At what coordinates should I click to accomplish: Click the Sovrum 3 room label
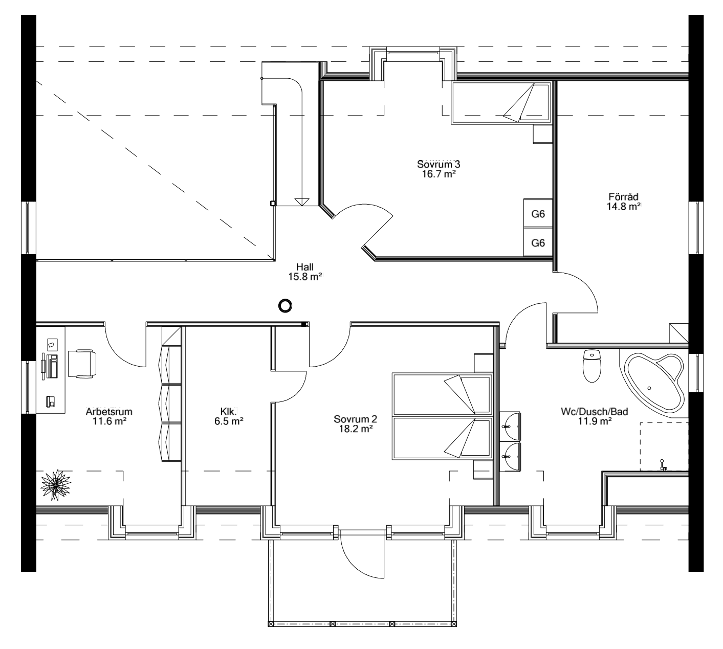coord(438,165)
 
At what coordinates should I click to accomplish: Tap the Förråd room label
coord(624,197)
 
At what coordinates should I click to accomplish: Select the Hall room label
coord(304,266)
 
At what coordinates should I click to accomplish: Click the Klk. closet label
coord(228,411)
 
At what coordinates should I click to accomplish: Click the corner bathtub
coord(655,382)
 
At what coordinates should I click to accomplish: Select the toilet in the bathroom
coord(592,366)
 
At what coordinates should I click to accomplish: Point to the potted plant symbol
coord(55,484)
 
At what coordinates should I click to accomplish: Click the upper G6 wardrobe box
coord(538,214)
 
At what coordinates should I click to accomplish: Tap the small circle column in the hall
coord(285,306)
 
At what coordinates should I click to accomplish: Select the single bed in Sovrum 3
coord(501,104)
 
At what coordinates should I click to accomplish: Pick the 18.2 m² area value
coord(353,430)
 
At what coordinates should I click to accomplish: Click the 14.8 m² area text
coord(624,207)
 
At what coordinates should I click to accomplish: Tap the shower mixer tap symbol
coord(663,464)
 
